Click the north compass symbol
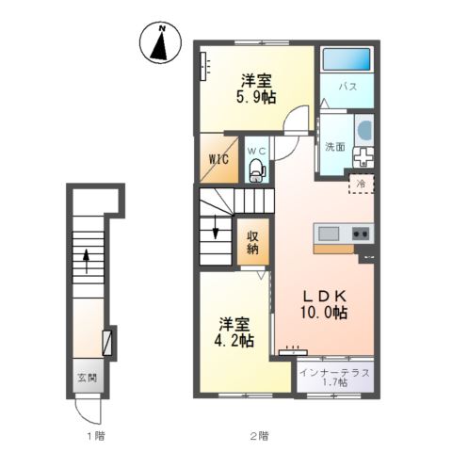coord(160,43)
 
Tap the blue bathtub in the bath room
coord(347,59)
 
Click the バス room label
coord(348,86)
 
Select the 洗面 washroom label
coord(335,146)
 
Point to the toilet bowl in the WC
coord(256,170)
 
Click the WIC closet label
coord(218,159)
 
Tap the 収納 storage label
coord(252,242)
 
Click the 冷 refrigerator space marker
coord(362,184)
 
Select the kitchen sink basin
coord(329,234)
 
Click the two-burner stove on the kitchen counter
coord(361,234)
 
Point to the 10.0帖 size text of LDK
coord(324,313)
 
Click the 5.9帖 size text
coord(256,97)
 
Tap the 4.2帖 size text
coord(234,340)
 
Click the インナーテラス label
coord(334,373)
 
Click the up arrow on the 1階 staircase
coord(86,260)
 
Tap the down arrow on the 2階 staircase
coord(216,227)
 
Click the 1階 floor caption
coord(96,436)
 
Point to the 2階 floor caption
coord(259,436)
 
